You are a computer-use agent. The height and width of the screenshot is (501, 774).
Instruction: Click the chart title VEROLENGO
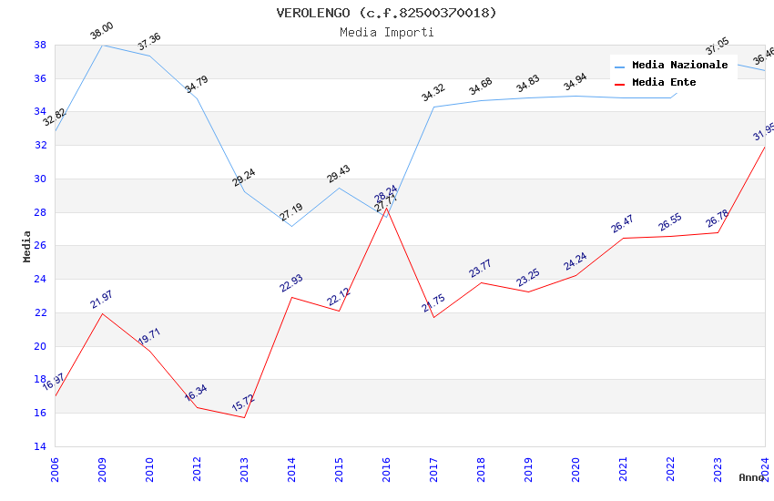click(x=386, y=13)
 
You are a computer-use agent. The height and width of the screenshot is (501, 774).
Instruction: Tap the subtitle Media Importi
click(x=386, y=32)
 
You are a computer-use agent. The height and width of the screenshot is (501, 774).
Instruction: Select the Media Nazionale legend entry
click(x=679, y=66)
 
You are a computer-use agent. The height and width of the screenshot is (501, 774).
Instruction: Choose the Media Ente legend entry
click(x=664, y=83)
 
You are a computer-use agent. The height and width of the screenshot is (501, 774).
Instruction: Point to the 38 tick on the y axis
click(x=40, y=45)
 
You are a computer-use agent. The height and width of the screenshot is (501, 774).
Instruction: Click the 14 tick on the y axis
click(x=40, y=446)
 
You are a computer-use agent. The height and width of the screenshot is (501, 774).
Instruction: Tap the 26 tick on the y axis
click(x=40, y=246)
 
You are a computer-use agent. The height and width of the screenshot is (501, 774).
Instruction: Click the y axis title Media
click(x=27, y=246)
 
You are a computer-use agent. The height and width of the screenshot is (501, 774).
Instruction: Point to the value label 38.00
click(x=101, y=33)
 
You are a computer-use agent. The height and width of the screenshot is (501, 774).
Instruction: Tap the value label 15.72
click(x=244, y=404)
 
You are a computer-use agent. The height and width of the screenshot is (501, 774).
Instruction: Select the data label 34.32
click(x=433, y=93)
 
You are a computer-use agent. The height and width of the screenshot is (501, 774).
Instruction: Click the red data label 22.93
click(x=290, y=283)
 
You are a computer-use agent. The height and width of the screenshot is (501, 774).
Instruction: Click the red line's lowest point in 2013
click(x=244, y=417)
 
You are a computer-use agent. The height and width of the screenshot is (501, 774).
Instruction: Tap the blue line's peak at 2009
click(x=102, y=45)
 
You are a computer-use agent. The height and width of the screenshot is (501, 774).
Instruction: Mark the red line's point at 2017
click(x=433, y=317)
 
